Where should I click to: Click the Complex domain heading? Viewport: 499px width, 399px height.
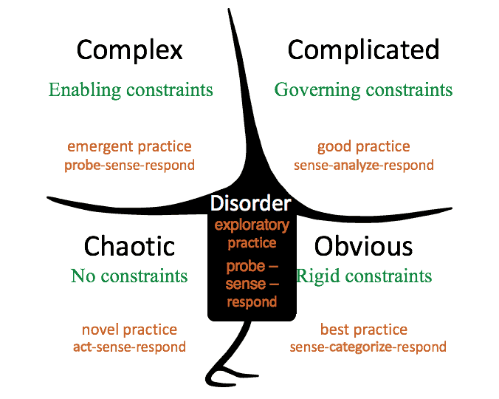click(129, 50)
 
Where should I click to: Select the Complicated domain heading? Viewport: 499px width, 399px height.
click(363, 50)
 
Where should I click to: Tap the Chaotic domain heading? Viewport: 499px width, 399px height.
click(129, 246)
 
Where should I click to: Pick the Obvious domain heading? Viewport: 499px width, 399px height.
click(364, 246)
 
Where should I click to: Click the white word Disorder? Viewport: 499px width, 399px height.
click(251, 204)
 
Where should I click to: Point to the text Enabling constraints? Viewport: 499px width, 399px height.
click(131, 90)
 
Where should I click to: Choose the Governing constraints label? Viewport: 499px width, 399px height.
click(363, 90)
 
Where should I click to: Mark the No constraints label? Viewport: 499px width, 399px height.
click(129, 276)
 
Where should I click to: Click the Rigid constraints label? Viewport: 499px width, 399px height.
click(364, 276)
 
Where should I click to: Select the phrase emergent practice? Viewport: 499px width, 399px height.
click(129, 146)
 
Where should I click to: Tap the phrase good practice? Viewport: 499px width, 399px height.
click(363, 146)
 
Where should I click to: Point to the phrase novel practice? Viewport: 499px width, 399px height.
click(129, 329)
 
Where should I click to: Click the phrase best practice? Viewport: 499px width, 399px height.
click(363, 329)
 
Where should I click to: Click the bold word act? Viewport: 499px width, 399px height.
click(82, 347)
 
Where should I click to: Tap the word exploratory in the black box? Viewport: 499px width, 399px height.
click(251, 225)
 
